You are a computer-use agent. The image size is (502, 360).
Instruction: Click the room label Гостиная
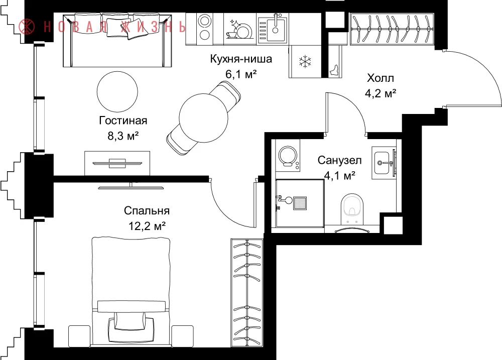[x=123, y=121]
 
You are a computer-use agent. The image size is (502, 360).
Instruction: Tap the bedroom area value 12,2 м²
[x=147, y=226]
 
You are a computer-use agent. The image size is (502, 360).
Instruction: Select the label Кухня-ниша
[x=241, y=59]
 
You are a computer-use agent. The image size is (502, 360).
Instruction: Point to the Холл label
[x=381, y=78]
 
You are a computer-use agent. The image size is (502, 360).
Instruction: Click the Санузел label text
[x=339, y=160]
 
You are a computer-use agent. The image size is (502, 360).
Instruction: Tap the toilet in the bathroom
[x=352, y=209]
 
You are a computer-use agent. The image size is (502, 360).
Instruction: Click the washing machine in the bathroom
[x=288, y=158]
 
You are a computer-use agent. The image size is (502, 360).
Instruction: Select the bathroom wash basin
[x=383, y=163]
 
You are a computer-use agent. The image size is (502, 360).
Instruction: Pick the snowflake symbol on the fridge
[x=305, y=61]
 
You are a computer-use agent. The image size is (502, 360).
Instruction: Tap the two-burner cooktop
[x=204, y=28]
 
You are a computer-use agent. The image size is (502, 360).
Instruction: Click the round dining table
[x=204, y=118]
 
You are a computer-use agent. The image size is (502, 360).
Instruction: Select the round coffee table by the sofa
[x=117, y=91]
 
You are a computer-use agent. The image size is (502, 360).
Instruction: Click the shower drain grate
[x=300, y=203]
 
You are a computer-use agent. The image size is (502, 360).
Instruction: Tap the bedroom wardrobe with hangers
[x=246, y=292]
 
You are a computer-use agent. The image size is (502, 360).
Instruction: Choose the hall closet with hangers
[x=392, y=29]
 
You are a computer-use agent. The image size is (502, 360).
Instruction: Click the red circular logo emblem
[x=27, y=27]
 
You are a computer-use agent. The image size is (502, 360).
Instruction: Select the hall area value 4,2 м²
[x=381, y=93]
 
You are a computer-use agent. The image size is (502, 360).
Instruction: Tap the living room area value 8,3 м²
[x=123, y=136]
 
